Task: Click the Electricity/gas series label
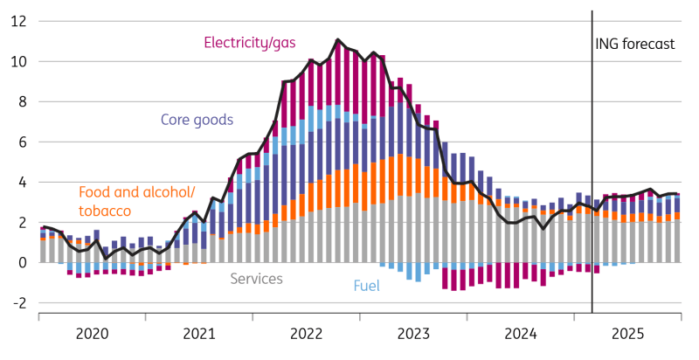[x=249, y=42]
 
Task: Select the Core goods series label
[x=197, y=120]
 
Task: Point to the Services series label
[x=256, y=279]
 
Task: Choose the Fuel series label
[x=366, y=285]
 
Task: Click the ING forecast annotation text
[x=635, y=44]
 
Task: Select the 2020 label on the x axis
[x=92, y=333]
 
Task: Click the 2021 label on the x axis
[x=199, y=333]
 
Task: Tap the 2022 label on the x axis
[x=307, y=333]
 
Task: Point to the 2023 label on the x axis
[x=413, y=333]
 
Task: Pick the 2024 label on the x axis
[x=521, y=333]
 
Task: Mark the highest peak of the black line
[x=337, y=39]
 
